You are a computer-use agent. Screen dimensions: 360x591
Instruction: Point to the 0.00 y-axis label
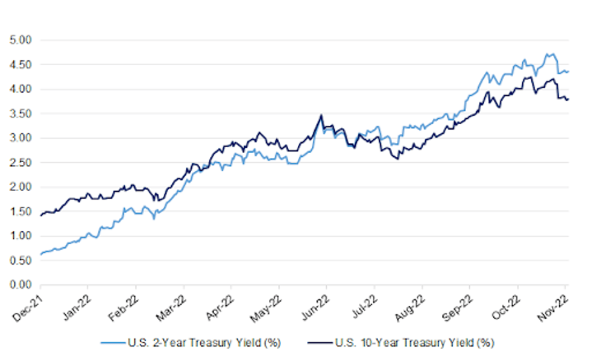(22, 285)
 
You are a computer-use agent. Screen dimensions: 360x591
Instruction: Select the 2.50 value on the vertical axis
(22, 162)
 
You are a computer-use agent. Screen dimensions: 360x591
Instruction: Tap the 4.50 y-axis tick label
(22, 65)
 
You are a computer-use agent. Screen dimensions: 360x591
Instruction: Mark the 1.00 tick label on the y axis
(22, 236)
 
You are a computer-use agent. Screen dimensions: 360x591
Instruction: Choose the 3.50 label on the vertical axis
(22, 113)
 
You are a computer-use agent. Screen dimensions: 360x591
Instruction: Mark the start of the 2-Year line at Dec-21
(40, 254)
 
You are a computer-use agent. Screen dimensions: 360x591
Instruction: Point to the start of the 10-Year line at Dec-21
(40, 215)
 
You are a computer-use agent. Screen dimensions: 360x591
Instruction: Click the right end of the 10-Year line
(568, 99)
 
